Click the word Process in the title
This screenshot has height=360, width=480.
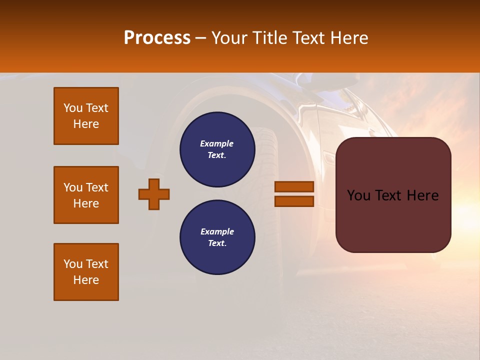pyautogui.click(x=157, y=38)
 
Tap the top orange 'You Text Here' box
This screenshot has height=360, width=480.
pyautogui.click(x=86, y=116)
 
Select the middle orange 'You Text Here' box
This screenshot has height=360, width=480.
pyautogui.click(x=86, y=195)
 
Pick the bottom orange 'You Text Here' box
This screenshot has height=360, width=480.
pyautogui.click(x=86, y=272)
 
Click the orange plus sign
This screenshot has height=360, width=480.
pyautogui.click(x=154, y=194)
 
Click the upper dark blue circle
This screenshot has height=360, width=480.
pyautogui.click(x=217, y=149)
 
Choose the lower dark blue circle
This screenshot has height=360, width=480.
pyautogui.click(x=217, y=237)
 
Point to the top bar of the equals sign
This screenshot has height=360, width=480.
pyautogui.click(x=294, y=187)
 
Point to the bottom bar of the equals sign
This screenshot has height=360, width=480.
pyautogui.click(x=294, y=201)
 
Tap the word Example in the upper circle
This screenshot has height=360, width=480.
pyautogui.click(x=217, y=143)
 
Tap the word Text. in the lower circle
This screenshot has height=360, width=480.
pyautogui.click(x=217, y=243)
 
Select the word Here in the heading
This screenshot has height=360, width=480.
pyautogui.click(x=349, y=38)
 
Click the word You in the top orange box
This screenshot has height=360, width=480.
pyautogui.click(x=72, y=108)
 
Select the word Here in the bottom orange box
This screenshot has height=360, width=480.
pyautogui.click(x=86, y=280)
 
